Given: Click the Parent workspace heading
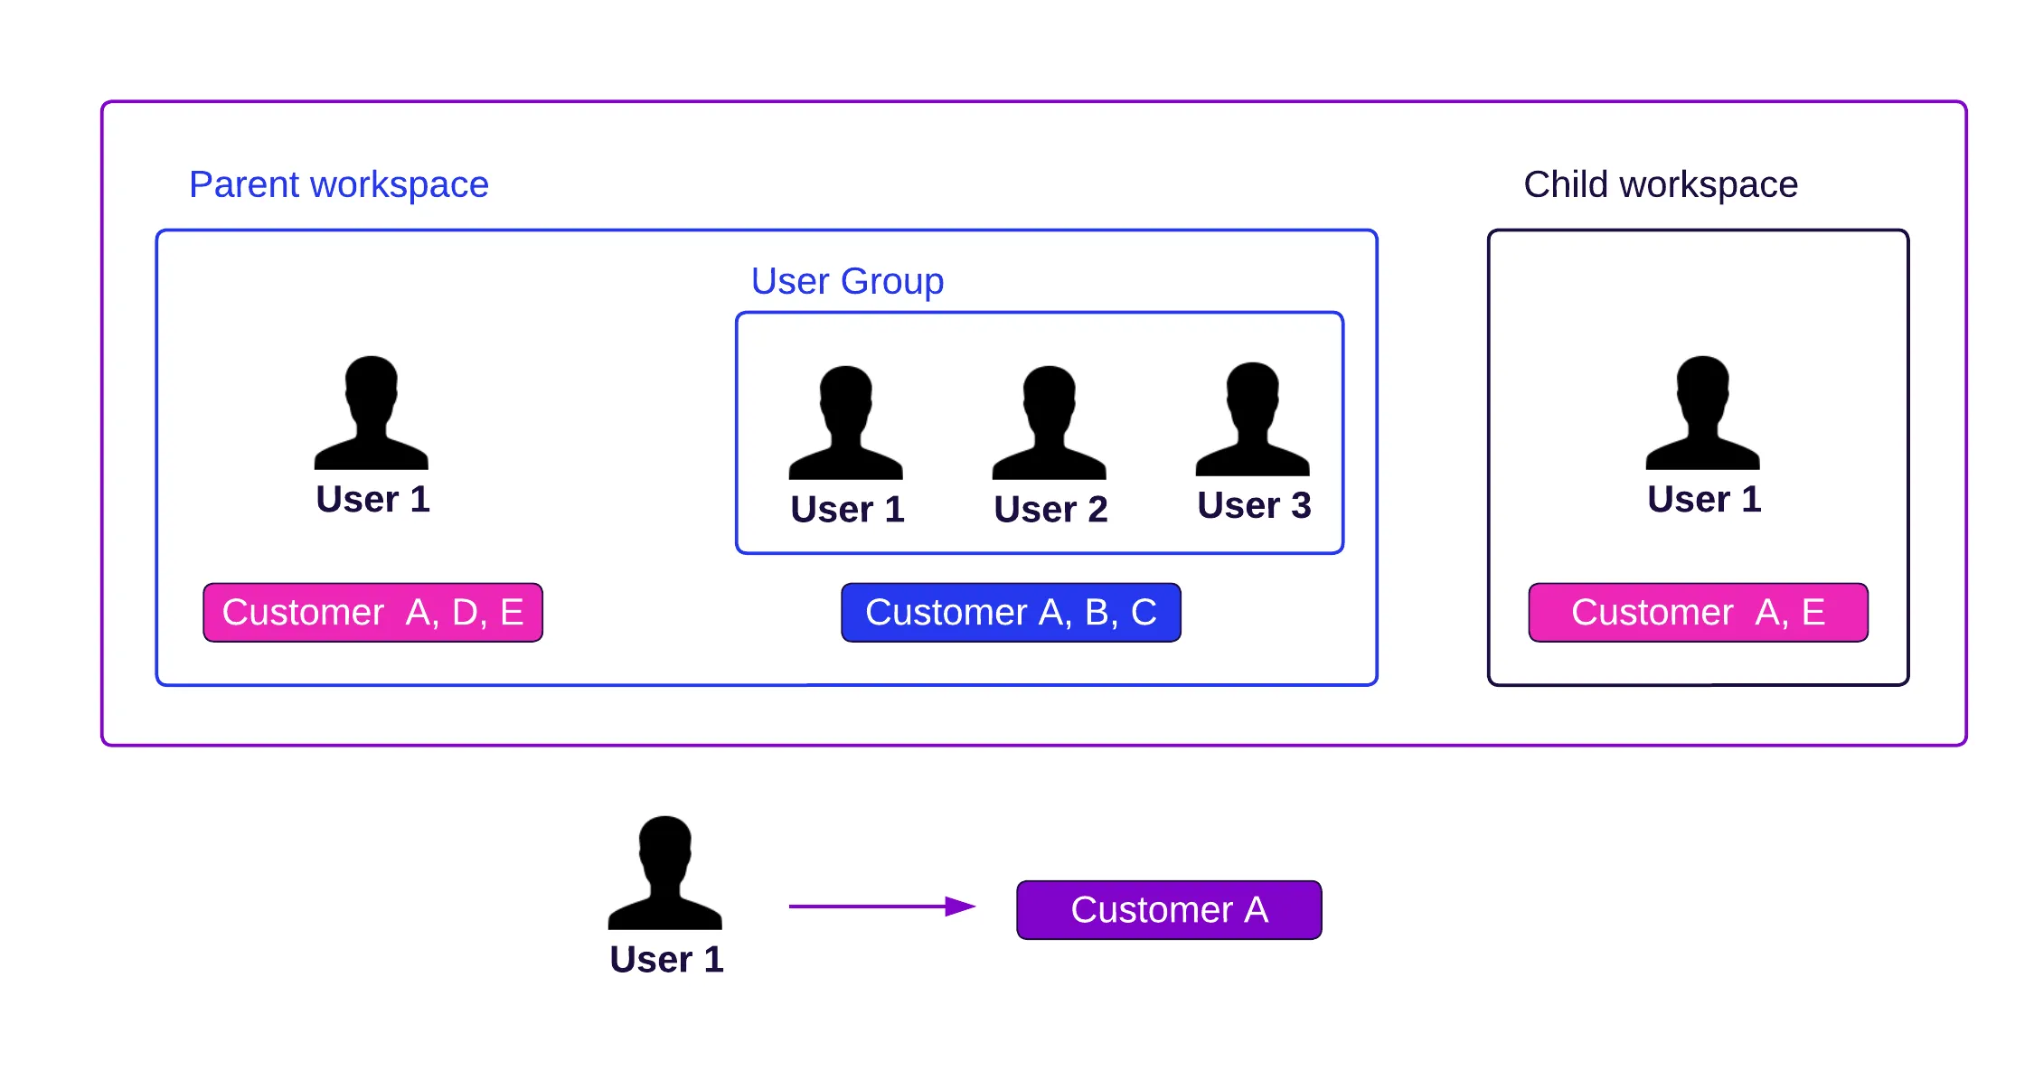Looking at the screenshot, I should click(338, 184).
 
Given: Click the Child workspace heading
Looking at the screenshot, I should click(1660, 184).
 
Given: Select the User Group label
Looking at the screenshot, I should click(847, 281).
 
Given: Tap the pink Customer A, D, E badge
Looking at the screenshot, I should click(372, 613).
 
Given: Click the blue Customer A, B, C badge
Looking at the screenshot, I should click(1011, 613).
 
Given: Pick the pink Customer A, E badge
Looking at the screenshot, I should click(1698, 613).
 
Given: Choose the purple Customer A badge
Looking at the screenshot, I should click(1169, 910).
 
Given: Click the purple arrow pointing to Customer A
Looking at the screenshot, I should click(881, 906).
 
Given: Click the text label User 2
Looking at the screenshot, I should click(1050, 510).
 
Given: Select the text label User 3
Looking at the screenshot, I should click(1254, 505).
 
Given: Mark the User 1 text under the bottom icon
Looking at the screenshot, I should click(666, 959).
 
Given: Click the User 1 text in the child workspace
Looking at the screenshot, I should click(1704, 499).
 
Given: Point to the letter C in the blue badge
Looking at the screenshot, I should click(1144, 613).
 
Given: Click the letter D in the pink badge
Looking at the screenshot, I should click(465, 613).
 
